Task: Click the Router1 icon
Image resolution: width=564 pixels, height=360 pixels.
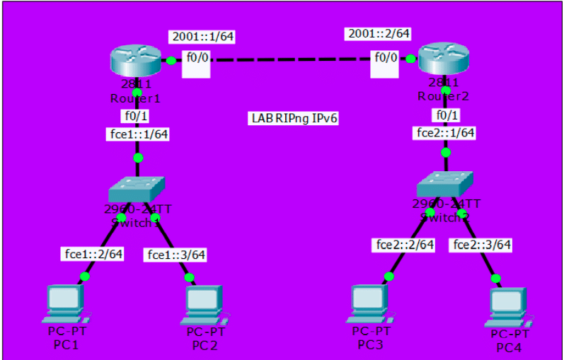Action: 136,62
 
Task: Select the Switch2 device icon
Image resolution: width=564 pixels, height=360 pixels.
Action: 445,184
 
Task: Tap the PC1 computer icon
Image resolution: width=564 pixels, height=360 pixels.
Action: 65,303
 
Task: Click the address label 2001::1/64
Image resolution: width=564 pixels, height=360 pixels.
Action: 195,37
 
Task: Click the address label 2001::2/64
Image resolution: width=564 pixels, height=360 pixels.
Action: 378,33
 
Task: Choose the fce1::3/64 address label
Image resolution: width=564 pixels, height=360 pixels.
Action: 174,253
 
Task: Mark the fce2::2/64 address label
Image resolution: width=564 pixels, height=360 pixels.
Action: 403,245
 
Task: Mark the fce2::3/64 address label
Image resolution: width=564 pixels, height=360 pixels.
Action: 481,245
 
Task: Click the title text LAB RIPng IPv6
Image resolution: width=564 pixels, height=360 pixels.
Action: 294,118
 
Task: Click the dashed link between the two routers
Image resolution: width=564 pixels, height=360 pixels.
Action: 290,61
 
